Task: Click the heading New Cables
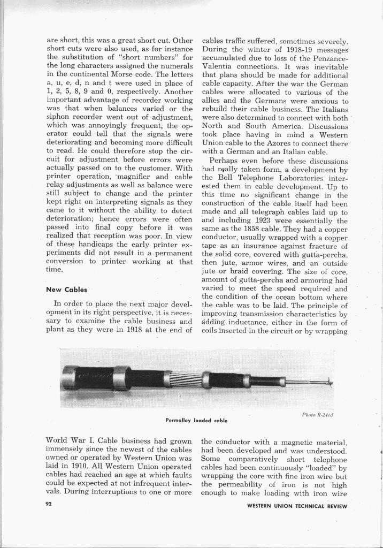coord(67,290)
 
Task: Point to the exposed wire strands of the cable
coord(185,380)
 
